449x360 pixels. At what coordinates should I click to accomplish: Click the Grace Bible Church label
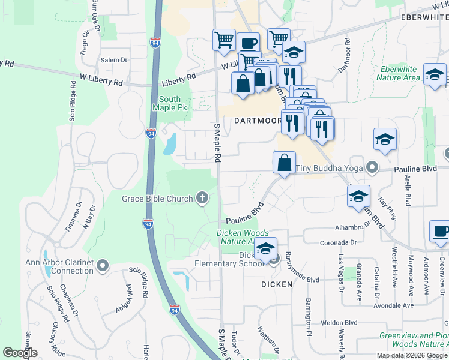click(157, 199)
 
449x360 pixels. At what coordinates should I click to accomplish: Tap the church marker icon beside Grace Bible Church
click(203, 198)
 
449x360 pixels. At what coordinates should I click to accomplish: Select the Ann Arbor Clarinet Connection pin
click(103, 265)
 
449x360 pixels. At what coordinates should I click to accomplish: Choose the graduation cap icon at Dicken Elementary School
click(265, 248)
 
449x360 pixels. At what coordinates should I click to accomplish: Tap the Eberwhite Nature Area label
click(399, 73)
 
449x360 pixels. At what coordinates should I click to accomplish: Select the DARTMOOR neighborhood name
click(258, 120)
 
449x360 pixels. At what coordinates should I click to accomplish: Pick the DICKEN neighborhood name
click(277, 283)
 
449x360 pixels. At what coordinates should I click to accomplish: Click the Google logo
click(20, 353)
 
